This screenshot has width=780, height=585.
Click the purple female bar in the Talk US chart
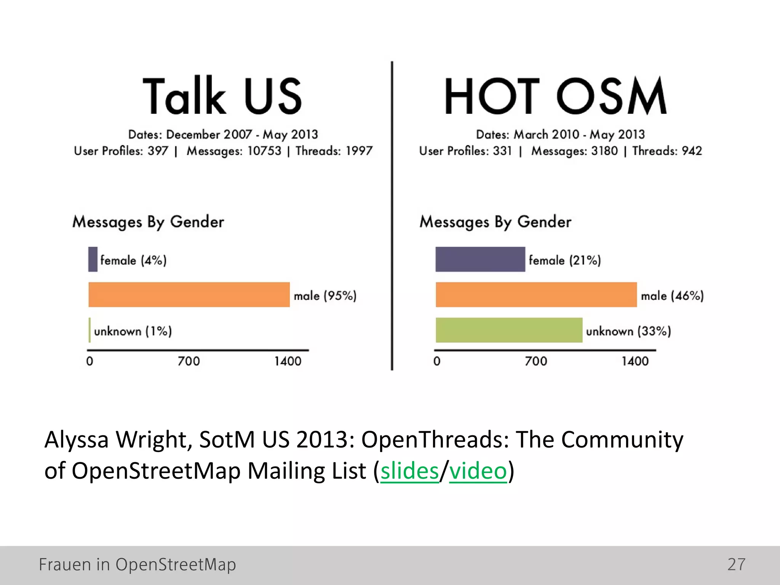93,259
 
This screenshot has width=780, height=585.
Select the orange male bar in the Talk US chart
189,295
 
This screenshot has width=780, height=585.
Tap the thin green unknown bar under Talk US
90,330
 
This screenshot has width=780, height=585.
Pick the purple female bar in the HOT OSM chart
480,259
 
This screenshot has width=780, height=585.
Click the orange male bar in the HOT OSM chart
536,295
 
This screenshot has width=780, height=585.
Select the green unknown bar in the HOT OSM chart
509,330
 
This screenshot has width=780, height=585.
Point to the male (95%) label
325,296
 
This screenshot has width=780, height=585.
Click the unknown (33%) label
628,331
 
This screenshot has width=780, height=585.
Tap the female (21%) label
565,261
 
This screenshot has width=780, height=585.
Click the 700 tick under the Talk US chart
189,361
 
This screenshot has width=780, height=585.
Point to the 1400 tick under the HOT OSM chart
635,361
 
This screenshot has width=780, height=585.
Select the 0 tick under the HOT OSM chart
437,361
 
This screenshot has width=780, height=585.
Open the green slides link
409,471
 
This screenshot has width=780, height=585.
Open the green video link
478,471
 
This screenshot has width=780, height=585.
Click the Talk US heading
222,96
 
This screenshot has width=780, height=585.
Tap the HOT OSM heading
556,96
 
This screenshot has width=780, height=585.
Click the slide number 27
736,564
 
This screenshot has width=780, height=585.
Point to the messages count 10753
264,151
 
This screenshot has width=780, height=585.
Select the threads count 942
692,151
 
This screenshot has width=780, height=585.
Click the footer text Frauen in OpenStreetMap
137,564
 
